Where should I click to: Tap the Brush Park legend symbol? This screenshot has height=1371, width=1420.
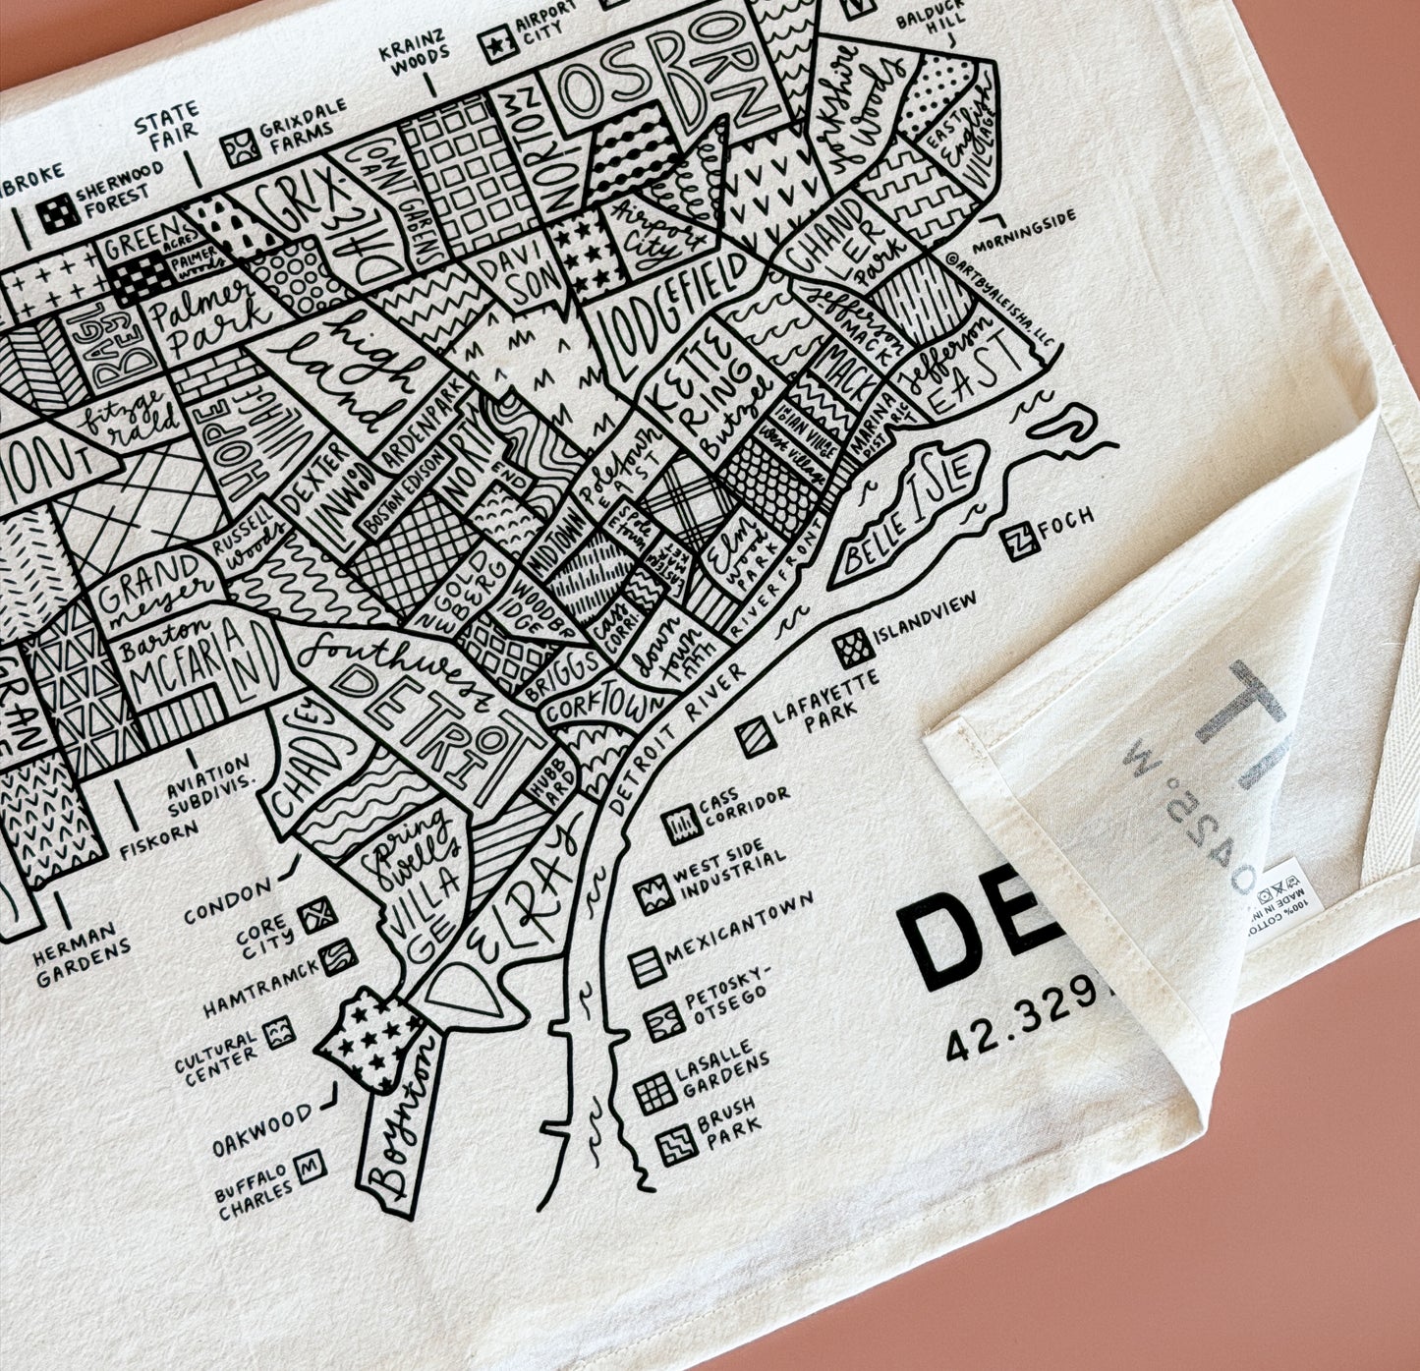[677, 1143]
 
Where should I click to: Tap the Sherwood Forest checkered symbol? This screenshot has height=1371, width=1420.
[58, 210]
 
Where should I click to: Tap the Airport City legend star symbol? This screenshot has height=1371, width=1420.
[498, 44]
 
